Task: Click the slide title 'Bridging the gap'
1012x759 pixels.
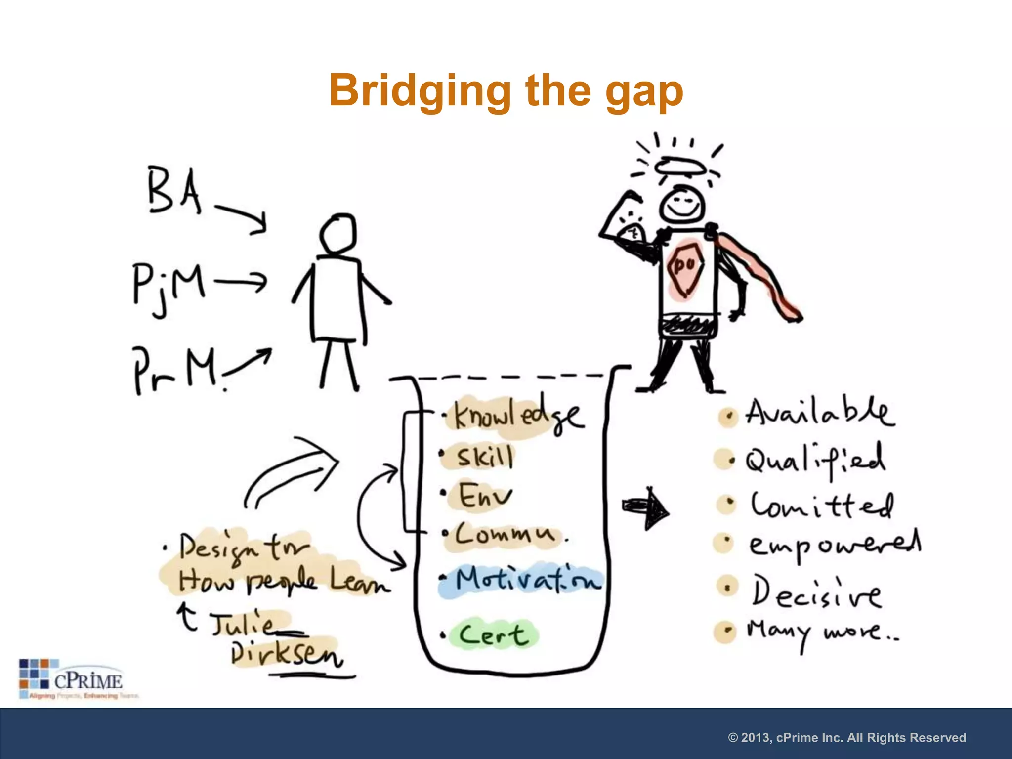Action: [x=506, y=90]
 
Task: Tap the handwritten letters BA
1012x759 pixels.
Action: [x=174, y=190]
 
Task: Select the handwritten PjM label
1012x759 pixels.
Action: [x=168, y=286]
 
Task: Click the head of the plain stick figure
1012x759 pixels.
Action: [x=338, y=233]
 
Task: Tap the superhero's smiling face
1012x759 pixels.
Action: [x=682, y=204]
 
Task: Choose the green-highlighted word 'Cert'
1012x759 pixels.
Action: [x=492, y=634]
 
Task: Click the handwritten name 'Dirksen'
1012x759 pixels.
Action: [x=287, y=655]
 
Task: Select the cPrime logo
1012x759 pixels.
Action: [x=72, y=678]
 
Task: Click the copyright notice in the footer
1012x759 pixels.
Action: [x=847, y=737]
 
